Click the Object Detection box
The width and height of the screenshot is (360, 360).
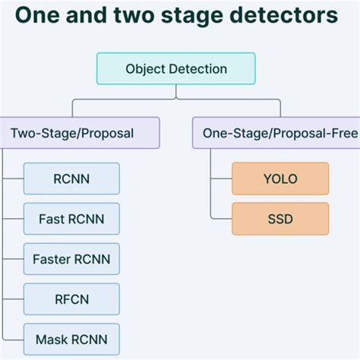coord(176,69)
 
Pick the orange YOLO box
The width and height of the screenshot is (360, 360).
coord(280,178)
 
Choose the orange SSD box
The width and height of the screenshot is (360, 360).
coord(280,219)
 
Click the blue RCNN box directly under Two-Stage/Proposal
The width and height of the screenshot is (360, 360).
coord(71,178)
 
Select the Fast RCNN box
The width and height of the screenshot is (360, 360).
coord(71,219)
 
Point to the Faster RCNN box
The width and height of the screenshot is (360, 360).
coord(71,259)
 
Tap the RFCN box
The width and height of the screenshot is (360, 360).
coord(71,299)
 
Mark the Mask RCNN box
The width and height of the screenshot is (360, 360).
coord(71,339)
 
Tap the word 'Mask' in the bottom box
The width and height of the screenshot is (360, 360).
coord(50,339)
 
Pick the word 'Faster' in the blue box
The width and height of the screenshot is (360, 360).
coord(50,259)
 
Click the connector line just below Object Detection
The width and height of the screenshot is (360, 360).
coord(176,91)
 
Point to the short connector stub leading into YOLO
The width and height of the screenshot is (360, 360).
coord(221,178)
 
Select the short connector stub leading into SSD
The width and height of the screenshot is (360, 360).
coord(221,219)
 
